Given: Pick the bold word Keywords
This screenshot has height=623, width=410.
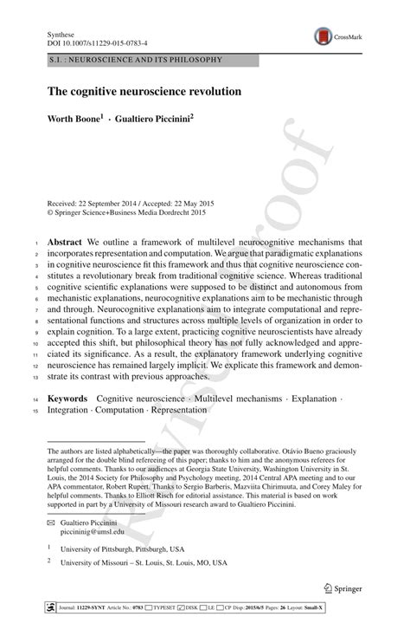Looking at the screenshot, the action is coord(67,398).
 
